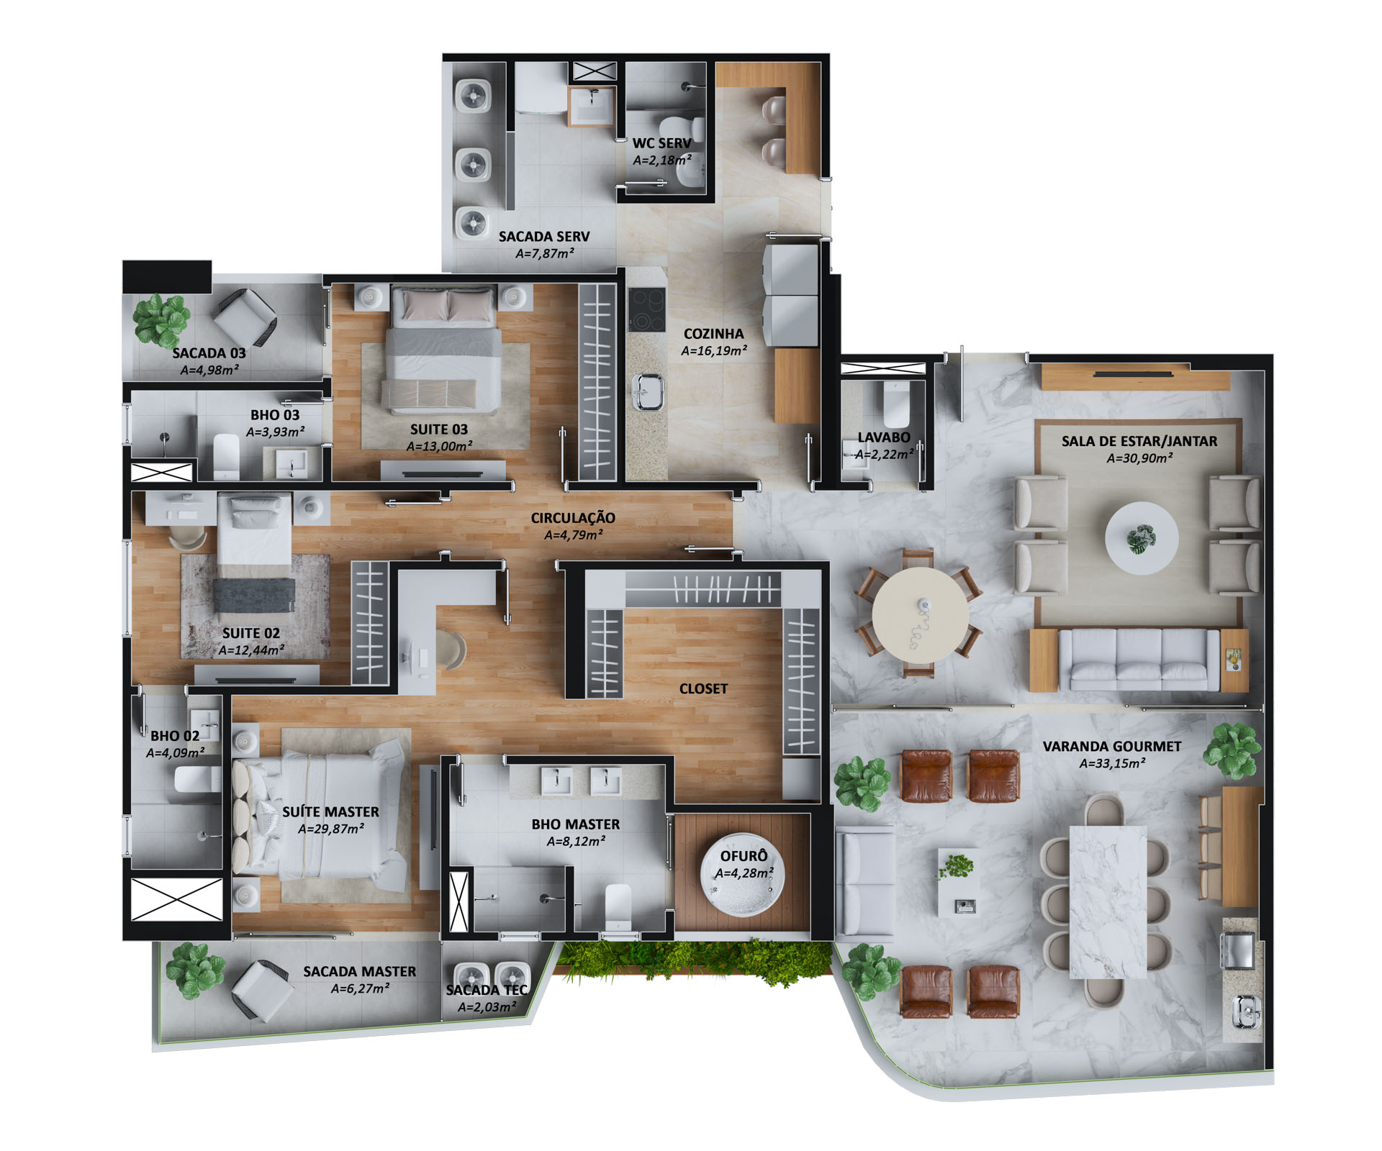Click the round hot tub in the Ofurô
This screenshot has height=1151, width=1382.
[743, 875]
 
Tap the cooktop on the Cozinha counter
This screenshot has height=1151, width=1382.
[647, 309]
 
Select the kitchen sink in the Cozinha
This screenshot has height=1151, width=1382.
[647, 392]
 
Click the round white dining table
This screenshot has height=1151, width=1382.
[920, 615]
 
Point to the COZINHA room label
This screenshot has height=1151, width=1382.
[713, 334]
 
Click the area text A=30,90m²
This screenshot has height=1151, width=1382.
[1139, 458]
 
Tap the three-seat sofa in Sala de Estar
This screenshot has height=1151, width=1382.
[1139, 660]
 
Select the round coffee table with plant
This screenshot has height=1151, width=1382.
[1142, 538]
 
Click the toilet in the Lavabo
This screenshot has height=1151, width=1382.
[896, 404]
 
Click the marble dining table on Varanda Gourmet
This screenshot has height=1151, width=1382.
[1108, 902]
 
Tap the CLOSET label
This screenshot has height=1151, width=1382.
[703, 688]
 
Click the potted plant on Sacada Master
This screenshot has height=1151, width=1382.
[194, 971]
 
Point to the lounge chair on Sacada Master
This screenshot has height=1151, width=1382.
[262, 991]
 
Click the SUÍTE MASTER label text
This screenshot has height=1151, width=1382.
[330, 811]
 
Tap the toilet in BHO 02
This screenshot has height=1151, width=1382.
[197, 779]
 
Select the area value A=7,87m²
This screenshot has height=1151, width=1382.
[545, 253]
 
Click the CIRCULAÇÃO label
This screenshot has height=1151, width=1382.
[573, 518]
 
